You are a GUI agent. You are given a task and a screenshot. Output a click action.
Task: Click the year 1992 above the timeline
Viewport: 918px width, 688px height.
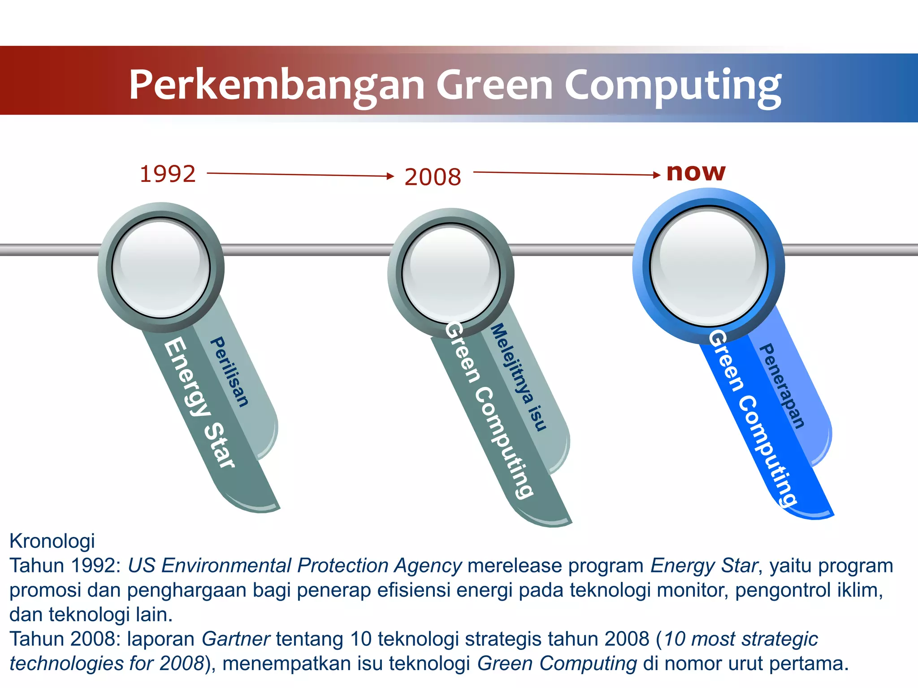click(x=168, y=174)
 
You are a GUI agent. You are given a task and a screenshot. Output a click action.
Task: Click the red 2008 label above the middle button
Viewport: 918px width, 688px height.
click(x=433, y=177)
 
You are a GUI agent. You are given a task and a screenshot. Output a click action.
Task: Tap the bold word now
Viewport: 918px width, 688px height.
click(x=696, y=172)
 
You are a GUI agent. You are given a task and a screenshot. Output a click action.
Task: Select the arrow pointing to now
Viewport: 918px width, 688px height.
click(x=567, y=173)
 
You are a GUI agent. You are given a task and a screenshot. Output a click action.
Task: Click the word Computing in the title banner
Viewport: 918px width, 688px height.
click(x=672, y=85)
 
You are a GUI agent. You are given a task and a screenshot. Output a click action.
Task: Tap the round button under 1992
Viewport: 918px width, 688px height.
click(x=161, y=268)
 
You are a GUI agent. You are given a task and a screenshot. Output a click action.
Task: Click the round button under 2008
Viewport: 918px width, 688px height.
click(x=450, y=273)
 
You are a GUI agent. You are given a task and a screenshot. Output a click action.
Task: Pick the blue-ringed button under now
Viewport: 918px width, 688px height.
click(x=709, y=266)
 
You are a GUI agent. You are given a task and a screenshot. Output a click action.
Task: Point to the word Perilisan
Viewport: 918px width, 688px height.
click(x=229, y=372)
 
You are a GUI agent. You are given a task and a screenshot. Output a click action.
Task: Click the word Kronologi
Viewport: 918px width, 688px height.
click(x=52, y=541)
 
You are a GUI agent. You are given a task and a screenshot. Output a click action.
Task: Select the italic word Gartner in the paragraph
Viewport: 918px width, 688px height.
click(x=236, y=639)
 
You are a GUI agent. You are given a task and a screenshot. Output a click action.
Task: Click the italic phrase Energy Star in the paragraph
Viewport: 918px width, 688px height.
click(x=704, y=566)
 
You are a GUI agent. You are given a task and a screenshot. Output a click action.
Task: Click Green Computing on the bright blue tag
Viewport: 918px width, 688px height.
click(x=753, y=419)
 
